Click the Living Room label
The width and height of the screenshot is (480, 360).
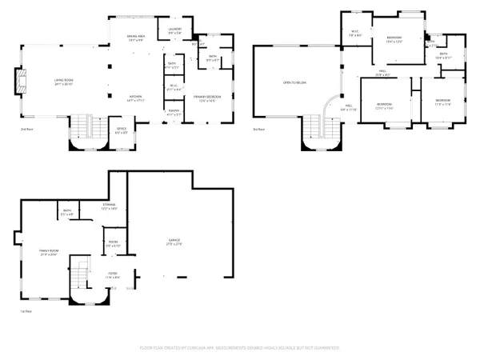65,82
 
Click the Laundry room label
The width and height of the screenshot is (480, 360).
175,31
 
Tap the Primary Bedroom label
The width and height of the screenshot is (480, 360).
206,98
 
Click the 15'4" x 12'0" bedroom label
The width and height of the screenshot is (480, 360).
394,40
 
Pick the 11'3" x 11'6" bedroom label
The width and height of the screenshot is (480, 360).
442,102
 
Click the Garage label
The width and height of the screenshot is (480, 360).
174,242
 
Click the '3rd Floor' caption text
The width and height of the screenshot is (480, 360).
258,128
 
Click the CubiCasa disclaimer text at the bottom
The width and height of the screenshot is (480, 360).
239,348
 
